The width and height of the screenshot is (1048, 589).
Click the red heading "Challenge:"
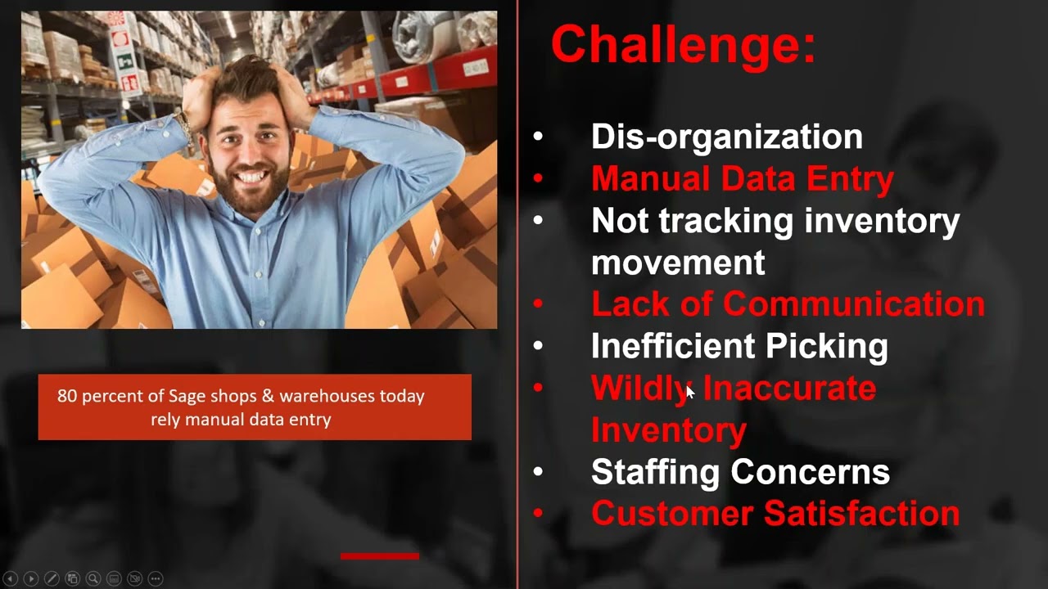pos(683,44)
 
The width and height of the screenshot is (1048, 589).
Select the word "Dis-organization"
pos(726,137)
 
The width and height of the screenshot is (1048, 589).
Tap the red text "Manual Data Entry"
pos(742,179)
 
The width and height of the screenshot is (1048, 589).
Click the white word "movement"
pos(677,263)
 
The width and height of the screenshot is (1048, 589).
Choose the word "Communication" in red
pos(853,304)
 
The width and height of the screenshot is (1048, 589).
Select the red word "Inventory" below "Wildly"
pos(668,430)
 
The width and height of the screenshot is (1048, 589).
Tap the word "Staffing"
pos(655,473)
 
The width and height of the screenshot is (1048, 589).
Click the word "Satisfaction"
pos(861,514)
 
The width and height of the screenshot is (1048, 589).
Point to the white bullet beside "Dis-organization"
pos(538,137)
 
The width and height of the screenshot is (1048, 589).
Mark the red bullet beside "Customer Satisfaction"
pos(538,514)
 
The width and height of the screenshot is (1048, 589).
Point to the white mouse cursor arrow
pos(689,393)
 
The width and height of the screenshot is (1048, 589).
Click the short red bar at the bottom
pos(379,556)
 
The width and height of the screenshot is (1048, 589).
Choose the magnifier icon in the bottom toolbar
pos(93,578)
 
